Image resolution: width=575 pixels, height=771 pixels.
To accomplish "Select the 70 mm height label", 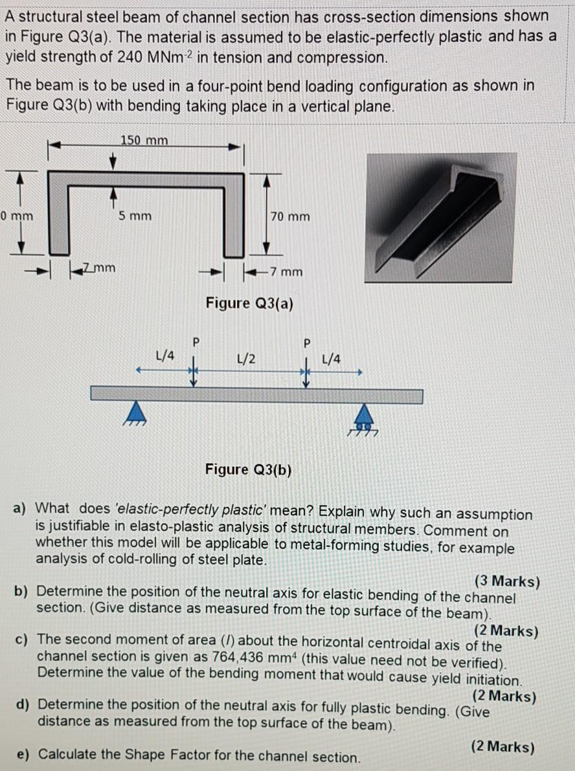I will point(290,216).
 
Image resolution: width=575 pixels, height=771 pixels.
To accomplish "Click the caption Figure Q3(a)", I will point(249,303).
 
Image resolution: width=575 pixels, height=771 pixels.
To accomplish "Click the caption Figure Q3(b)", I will point(249,469).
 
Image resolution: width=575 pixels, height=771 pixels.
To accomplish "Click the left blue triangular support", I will point(135,410).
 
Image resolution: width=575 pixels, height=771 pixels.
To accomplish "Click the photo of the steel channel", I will point(440,218).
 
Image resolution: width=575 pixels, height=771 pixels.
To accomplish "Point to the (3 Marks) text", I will point(506,581).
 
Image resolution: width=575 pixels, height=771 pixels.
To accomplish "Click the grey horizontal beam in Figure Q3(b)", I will point(256,395).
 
